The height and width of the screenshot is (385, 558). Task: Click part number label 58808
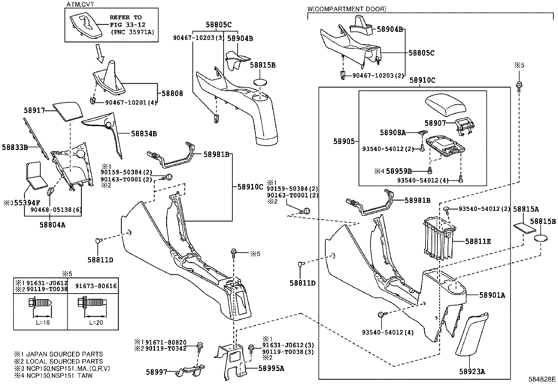pyautogui.click(x=172, y=94)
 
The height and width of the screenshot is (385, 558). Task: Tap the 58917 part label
pyautogui.click(x=34, y=110)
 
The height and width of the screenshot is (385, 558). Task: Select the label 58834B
pyautogui.click(x=144, y=134)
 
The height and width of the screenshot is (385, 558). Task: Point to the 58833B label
pyautogui.click(x=15, y=147)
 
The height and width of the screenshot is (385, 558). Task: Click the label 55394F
pyautogui.click(x=27, y=202)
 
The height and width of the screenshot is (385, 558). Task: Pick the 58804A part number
pyautogui.click(x=52, y=225)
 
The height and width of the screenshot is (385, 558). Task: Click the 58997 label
pyautogui.click(x=157, y=372)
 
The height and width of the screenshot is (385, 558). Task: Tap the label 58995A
pyautogui.click(x=271, y=368)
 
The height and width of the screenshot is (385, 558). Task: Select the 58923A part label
pyautogui.click(x=472, y=372)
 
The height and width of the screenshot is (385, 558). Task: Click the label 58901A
pyautogui.click(x=492, y=295)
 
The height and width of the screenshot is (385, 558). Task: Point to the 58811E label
pyautogui.click(x=478, y=241)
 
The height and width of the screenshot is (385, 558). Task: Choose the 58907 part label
pyautogui.click(x=435, y=123)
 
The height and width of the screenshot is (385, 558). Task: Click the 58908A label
pyautogui.click(x=393, y=132)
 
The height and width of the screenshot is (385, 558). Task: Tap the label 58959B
pyautogui.click(x=399, y=171)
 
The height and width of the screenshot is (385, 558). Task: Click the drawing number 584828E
pyautogui.click(x=542, y=379)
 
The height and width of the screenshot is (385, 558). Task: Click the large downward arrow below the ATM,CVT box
pyautogui.click(x=101, y=53)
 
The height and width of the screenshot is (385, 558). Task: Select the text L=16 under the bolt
pyautogui.click(x=43, y=323)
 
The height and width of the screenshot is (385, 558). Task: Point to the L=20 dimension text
pyautogui.click(x=96, y=323)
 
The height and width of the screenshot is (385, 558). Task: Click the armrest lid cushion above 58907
pyautogui.click(x=445, y=105)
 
